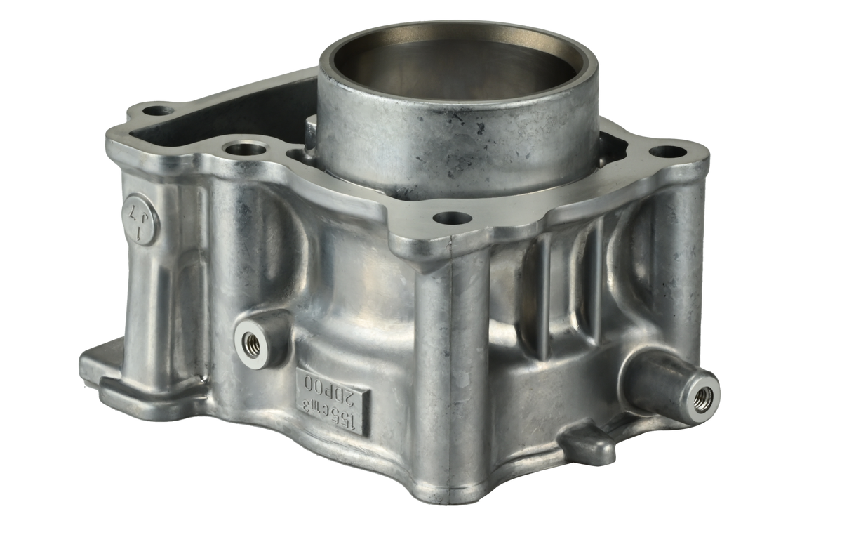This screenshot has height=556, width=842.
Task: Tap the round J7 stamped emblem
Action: click(141, 214)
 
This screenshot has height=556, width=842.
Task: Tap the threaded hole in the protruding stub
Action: click(702, 397)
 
